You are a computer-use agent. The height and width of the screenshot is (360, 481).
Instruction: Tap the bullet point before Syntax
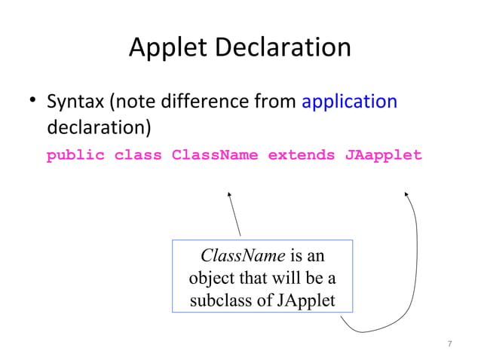point(33,102)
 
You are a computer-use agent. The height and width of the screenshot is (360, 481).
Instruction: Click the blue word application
point(349,101)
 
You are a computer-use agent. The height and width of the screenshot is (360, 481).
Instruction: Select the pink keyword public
point(75,156)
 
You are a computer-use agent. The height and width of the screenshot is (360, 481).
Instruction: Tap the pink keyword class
point(138,156)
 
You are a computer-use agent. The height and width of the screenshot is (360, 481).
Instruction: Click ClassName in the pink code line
point(215,156)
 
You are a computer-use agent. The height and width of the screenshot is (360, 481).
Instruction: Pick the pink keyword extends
point(301,156)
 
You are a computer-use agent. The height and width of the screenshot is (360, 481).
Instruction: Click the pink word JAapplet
point(384,156)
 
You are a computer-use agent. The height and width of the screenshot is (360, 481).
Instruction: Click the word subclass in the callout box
point(222,301)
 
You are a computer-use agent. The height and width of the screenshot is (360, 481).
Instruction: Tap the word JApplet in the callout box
point(305,301)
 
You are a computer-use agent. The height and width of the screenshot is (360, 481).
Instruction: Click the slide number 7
point(449,344)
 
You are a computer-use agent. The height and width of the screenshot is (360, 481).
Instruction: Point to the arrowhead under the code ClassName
point(228,194)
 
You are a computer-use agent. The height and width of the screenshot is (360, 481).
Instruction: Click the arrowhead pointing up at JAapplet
point(406,194)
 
